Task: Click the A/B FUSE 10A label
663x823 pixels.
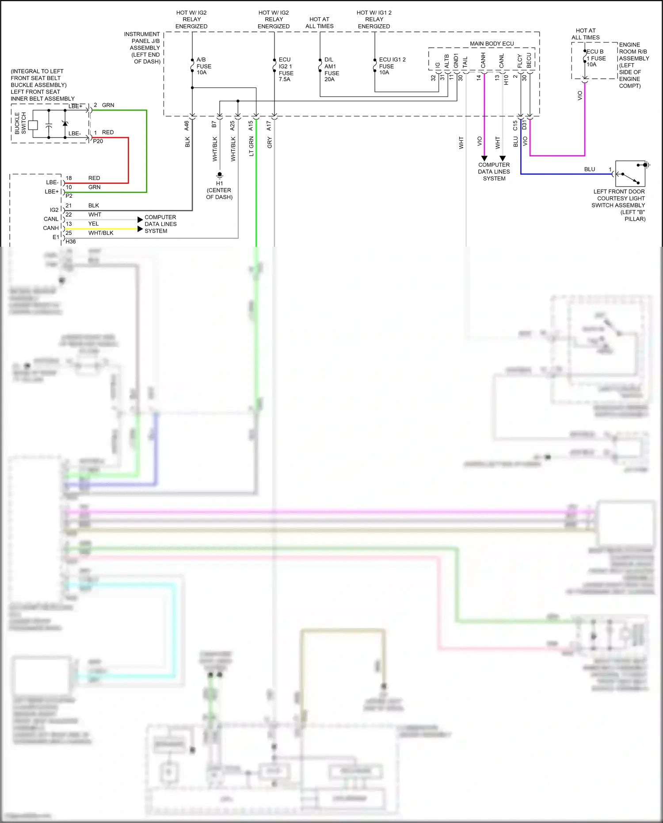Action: (x=203, y=66)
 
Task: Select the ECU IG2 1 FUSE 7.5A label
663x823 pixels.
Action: (x=286, y=69)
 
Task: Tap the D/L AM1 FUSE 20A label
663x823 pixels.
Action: (x=331, y=69)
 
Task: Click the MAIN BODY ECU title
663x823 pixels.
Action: (x=492, y=44)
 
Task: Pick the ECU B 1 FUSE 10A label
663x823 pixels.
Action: (x=595, y=58)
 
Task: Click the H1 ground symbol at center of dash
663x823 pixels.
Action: (x=220, y=175)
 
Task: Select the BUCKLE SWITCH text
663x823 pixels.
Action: (x=20, y=123)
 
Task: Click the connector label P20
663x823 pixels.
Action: (x=98, y=141)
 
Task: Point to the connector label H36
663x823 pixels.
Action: (x=70, y=241)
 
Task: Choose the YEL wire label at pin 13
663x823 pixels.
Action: (x=93, y=224)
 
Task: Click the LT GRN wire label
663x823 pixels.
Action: (x=251, y=146)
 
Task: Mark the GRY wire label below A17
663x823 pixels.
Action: (x=270, y=142)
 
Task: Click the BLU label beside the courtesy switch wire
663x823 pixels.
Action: (x=589, y=169)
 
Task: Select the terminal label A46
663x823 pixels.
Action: (x=187, y=126)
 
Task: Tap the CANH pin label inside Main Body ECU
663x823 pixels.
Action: (x=483, y=61)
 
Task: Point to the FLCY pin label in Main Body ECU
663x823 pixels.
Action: (x=520, y=61)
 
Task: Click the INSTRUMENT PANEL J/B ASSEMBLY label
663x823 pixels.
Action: (x=142, y=48)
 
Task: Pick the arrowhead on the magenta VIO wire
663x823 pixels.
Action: (x=484, y=158)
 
